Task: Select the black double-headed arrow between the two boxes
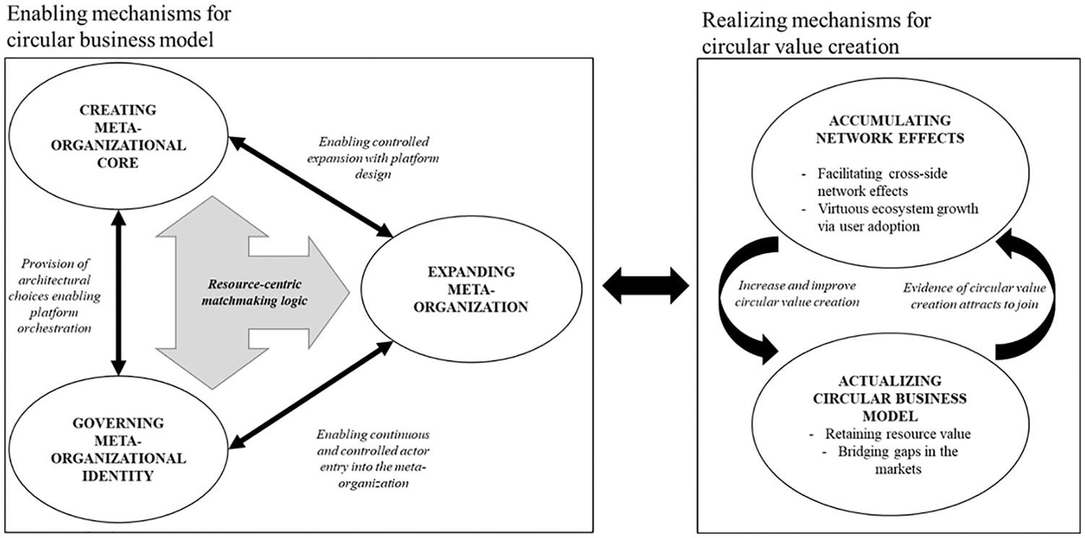645,285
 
